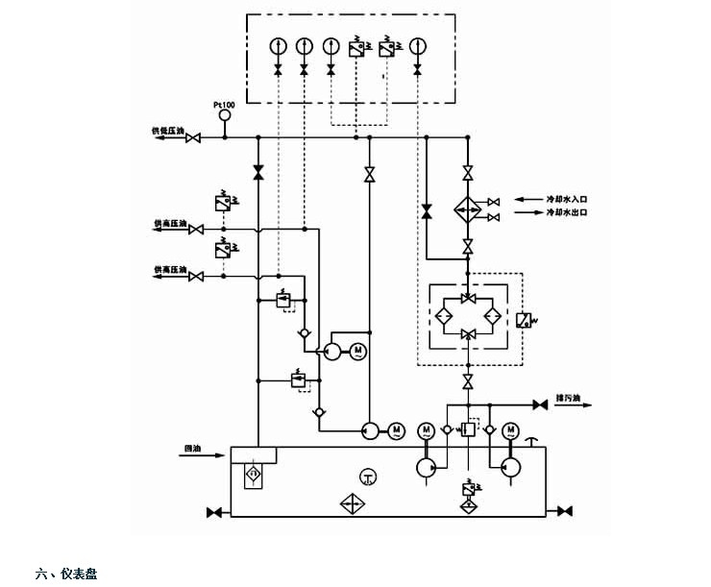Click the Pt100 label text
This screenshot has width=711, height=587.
223,103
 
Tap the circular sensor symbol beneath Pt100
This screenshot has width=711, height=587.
225,116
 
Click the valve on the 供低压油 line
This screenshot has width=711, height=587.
193,138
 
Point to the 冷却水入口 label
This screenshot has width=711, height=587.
566,199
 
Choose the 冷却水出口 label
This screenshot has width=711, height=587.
566,211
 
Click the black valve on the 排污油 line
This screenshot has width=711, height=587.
540,405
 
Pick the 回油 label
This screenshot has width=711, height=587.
192,448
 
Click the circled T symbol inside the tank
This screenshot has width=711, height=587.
367,477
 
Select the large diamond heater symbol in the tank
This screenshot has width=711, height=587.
352,504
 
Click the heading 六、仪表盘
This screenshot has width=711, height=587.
66,574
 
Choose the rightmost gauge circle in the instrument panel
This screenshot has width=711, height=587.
417,45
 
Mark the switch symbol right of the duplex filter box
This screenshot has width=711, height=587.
524,320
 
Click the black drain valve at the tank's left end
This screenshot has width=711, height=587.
214,510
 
